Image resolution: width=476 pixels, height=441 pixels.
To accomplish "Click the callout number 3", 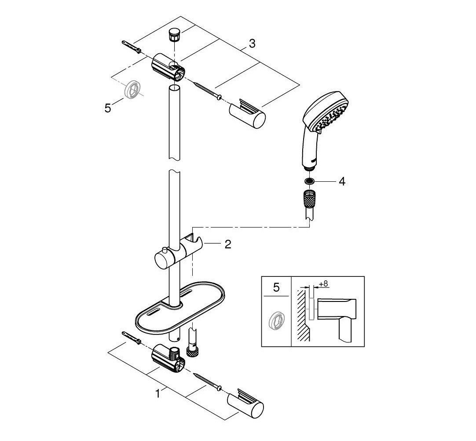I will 252,44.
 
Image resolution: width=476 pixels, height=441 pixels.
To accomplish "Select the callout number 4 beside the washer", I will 341,181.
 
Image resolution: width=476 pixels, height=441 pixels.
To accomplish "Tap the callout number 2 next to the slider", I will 227,245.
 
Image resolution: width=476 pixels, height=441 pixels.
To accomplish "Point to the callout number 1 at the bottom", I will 158,395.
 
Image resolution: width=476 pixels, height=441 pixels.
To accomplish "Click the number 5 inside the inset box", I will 276,288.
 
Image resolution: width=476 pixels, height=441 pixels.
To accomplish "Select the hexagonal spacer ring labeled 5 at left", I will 133,90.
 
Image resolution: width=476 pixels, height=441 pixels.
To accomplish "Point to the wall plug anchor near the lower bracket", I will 131,338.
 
